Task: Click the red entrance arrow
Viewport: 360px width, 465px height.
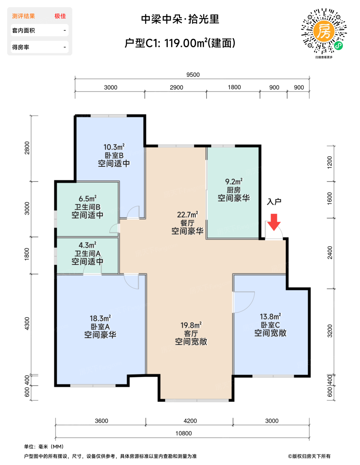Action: tap(274, 222)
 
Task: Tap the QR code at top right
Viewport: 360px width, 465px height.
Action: tap(324, 31)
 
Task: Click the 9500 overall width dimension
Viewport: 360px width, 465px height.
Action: tap(193, 75)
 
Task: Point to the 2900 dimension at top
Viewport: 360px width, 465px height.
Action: tap(176, 87)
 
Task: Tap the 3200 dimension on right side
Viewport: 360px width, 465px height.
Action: tap(330, 331)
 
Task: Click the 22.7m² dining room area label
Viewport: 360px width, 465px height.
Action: tap(187, 215)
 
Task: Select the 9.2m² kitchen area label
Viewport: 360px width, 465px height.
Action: tap(233, 181)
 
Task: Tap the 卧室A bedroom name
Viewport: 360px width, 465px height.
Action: tap(100, 326)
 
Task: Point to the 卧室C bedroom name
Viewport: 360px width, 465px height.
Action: tap(270, 325)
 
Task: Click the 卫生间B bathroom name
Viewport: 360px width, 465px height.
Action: tap(87, 207)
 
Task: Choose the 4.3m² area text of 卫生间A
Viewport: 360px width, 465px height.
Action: tap(87, 245)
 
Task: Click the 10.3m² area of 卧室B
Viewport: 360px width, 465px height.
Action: tap(114, 147)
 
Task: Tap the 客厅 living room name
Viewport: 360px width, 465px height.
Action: tap(191, 333)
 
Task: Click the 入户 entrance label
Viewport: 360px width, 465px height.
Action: tap(274, 202)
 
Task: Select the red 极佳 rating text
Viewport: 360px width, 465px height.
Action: tap(60, 16)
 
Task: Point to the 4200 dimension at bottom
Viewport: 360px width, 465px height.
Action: tap(190, 421)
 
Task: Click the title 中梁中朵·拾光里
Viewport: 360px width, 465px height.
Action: tap(180, 19)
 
